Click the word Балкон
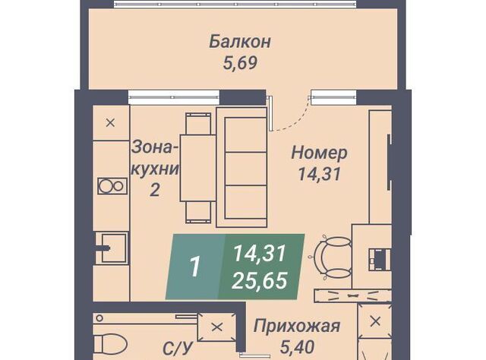(240, 42)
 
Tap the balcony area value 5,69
(240, 63)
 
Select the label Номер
(319, 153)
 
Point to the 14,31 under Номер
(319, 174)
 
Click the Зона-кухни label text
(155, 159)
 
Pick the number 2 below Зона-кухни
(155, 189)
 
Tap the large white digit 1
(195, 267)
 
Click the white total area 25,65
(260, 280)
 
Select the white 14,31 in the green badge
(259, 253)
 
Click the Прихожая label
(297, 326)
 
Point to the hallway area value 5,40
(297, 346)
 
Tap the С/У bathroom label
(178, 349)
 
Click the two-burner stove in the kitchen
(112, 186)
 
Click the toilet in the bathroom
(110, 343)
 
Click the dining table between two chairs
(197, 168)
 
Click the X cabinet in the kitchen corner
(111, 123)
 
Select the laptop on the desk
(379, 259)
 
